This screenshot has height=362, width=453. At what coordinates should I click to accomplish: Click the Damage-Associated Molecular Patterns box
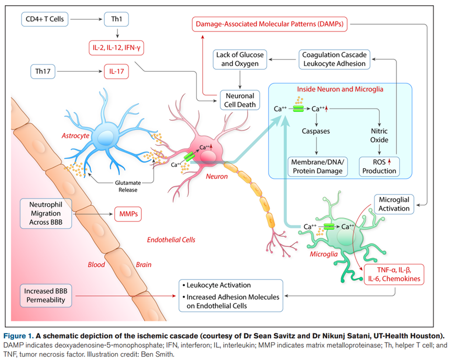click(x=273, y=24)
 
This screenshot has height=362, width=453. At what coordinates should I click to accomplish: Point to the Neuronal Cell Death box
click(x=240, y=100)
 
